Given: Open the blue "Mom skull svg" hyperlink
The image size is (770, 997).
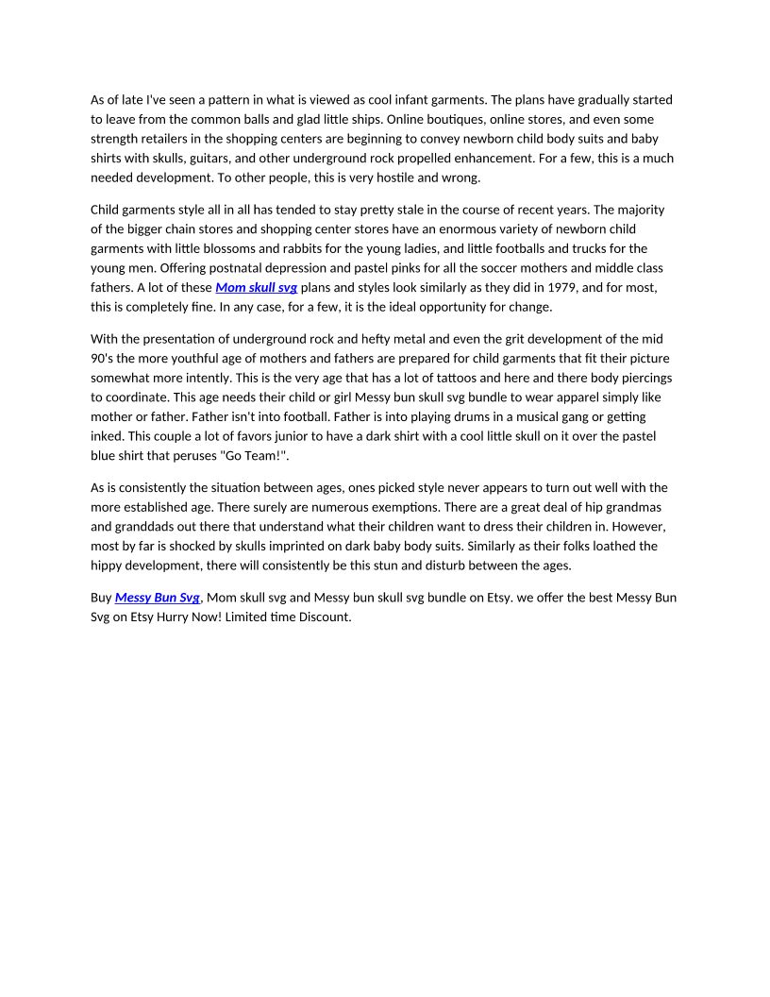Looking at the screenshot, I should pos(256,287).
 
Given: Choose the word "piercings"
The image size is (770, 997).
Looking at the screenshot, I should pos(645,378).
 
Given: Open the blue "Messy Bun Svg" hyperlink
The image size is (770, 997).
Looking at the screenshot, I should pos(158,598).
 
